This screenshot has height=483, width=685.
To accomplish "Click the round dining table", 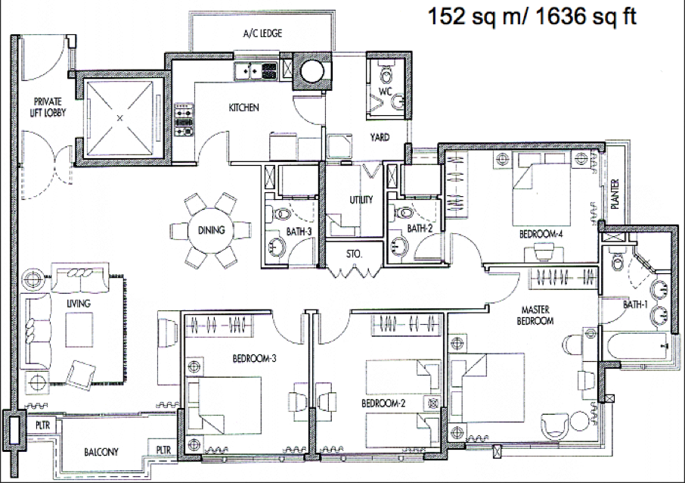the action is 211,229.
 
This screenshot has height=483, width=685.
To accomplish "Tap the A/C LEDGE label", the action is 262,33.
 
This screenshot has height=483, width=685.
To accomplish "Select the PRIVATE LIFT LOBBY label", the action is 48,108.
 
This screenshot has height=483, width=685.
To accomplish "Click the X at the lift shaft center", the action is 120,117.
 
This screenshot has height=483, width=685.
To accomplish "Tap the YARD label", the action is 380,137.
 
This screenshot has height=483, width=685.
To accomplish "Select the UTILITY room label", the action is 361,200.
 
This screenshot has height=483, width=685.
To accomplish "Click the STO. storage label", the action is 354,254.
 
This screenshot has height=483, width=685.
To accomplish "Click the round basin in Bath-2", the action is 399,245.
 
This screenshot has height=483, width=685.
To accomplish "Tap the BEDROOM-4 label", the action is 541,234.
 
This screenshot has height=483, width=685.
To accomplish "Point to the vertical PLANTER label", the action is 615,195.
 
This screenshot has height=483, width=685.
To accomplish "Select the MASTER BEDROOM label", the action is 535,315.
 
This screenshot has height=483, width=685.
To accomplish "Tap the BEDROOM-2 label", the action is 383,403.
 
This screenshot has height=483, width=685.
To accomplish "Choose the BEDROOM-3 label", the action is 254,359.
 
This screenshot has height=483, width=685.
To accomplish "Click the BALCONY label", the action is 101,451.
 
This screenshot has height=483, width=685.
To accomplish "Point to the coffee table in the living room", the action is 79,330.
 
